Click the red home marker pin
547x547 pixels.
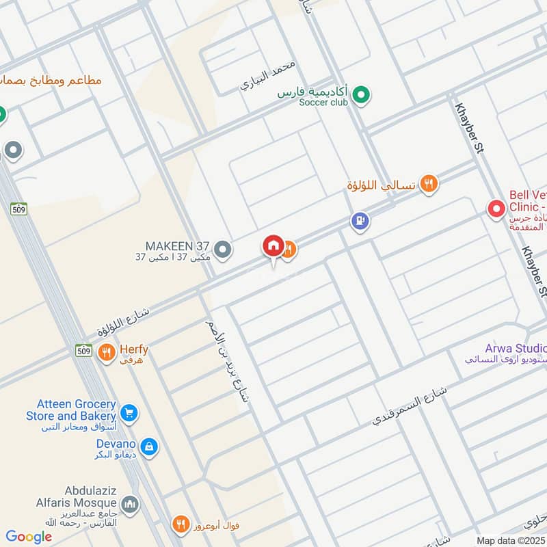click(x=273, y=245)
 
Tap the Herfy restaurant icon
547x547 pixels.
click(x=106, y=353)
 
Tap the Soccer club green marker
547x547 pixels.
click(x=362, y=96)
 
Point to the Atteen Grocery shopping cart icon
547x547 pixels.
click(x=129, y=412)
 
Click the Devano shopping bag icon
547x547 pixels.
click(x=150, y=448)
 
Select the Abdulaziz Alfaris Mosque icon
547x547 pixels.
click(x=129, y=506)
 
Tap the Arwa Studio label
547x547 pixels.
click(x=516, y=348)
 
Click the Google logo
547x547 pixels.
click(x=29, y=537)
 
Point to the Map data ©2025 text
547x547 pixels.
click(x=510, y=541)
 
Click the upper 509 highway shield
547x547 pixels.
click(x=18, y=209)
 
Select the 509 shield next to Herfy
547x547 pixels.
click(x=83, y=350)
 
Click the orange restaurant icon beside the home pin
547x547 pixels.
click(x=289, y=250)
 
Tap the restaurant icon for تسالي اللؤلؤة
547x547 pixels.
click(x=429, y=183)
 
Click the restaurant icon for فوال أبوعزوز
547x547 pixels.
click(x=181, y=524)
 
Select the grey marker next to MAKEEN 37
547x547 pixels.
click(x=222, y=250)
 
